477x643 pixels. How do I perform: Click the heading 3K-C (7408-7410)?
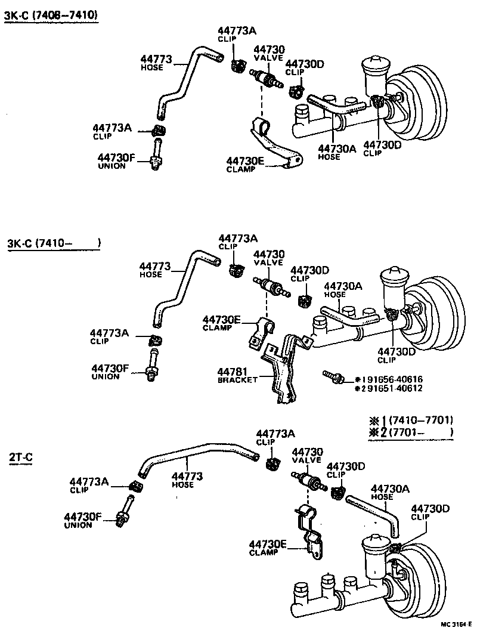51,15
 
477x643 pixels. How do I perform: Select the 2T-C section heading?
20,458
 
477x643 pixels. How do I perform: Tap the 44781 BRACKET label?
237,375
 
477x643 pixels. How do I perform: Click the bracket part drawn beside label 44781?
280,370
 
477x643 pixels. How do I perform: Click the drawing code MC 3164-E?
456,625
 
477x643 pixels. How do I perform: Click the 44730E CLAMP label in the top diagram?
245,164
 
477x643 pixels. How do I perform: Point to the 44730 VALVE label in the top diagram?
269,53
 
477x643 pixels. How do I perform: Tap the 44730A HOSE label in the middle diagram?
342,290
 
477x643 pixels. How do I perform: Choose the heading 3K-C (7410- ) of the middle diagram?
54,243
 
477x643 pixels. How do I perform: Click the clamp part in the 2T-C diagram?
309,531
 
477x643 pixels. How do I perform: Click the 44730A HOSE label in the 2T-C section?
390,492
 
